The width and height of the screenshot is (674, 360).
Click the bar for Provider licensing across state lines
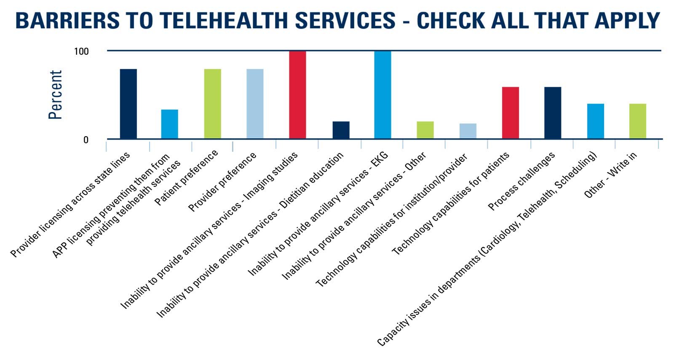click(x=128, y=104)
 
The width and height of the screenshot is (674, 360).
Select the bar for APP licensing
click(x=169, y=124)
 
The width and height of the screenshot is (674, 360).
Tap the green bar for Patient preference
click(x=212, y=104)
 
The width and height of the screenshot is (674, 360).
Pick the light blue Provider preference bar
click(x=255, y=104)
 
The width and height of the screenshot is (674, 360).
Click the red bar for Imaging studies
click(x=297, y=95)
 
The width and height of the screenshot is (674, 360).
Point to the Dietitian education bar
click(x=341, y=130)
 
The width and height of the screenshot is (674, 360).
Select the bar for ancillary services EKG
click(x=382, y=95)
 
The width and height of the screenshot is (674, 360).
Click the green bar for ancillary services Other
click(x=425, y=130)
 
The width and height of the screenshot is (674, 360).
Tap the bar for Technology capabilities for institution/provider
click(x=468, y=131)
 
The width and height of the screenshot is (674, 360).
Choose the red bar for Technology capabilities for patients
click(x=510, y=113)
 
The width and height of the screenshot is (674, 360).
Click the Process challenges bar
click(x=552, y=113)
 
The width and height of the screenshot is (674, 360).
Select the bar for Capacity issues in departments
click(x=595, y=121)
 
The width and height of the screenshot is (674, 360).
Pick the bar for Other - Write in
click(x=637, y=121)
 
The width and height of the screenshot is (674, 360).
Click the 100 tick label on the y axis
click(x=81, y=51)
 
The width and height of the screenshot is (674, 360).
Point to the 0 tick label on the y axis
click(x=86, y=140)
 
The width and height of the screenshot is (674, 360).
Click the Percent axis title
click(x=55, y=95)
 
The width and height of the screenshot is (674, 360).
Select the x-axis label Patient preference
click(x=187, y=177)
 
